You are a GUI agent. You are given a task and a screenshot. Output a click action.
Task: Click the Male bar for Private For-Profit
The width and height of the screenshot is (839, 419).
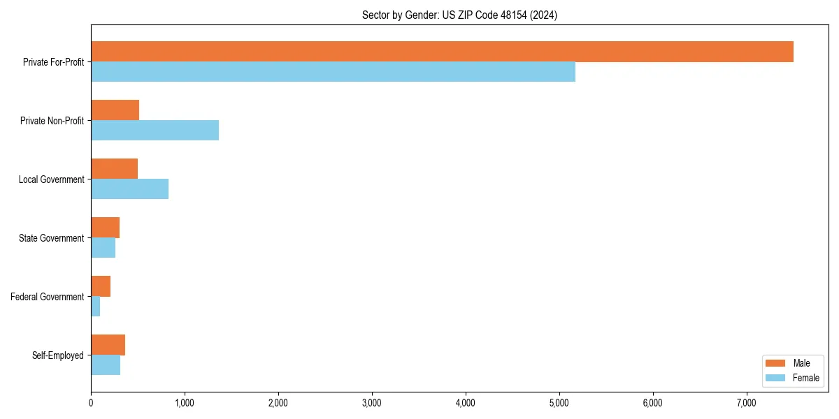coord(442,52)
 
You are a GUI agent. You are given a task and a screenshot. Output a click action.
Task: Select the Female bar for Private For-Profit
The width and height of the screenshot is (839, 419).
coord(333,72)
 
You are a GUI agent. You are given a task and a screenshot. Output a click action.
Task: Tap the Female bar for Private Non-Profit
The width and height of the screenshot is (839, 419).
coord(155,131)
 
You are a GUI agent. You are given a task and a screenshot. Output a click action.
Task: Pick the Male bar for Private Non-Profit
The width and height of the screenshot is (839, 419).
coord(115,110)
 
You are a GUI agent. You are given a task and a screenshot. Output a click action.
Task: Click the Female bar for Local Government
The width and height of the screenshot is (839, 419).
coord(129,189)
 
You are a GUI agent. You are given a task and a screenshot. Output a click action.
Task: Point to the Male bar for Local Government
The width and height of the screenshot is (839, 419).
coord(114,169)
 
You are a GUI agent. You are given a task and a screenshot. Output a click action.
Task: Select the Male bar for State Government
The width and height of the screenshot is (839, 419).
coord(105,228)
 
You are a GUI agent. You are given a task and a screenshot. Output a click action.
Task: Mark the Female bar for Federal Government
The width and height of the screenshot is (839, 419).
coord(95,307)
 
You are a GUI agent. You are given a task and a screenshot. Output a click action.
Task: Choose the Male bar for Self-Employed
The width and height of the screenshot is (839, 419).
coord(108,345)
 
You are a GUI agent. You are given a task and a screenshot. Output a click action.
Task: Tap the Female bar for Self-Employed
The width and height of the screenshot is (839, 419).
coord(106,365)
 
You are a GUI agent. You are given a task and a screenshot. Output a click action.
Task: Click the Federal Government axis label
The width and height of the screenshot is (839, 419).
coord(48,297)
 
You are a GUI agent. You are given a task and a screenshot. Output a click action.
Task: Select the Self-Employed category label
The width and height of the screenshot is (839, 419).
coord(58,355)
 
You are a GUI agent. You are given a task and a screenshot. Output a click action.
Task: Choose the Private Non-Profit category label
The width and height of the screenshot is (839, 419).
coord(52,121)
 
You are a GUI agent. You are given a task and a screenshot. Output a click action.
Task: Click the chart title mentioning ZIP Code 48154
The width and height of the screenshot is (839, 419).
coord(459,15)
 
